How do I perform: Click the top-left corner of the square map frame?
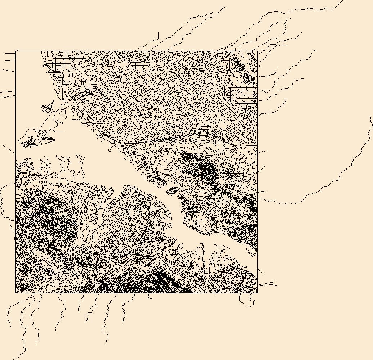[x=15, y=51]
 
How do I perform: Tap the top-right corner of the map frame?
[x=257, y=51]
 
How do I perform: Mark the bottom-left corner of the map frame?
[x=15, y=293]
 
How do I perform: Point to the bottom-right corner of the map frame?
[x=257, y=293]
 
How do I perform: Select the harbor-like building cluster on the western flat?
[x=31, y=141]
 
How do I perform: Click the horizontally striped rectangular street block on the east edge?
[x=243, y=95]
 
